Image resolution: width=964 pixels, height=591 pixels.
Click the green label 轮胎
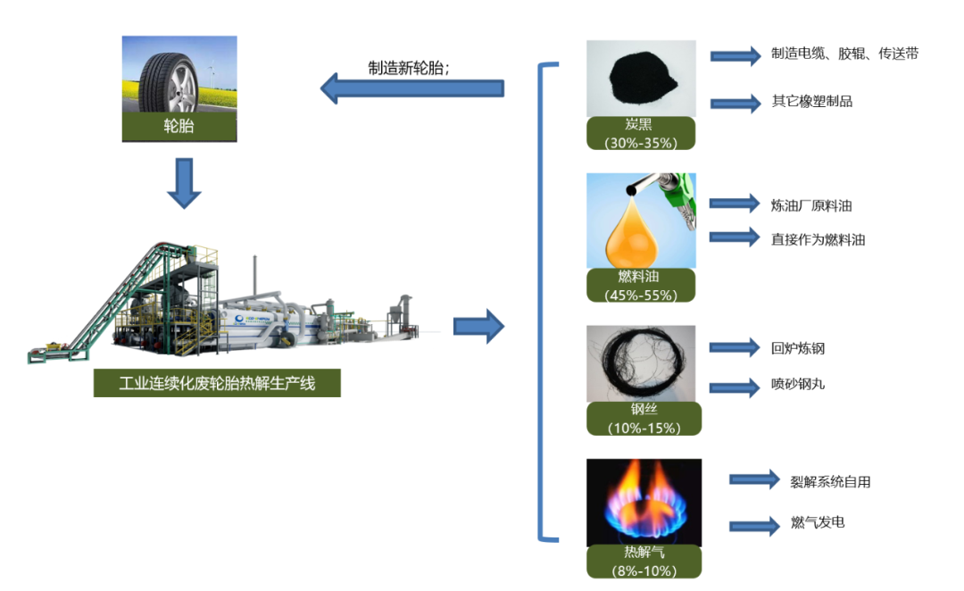click(179, 127)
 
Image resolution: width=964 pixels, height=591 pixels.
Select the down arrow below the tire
click(185, 183)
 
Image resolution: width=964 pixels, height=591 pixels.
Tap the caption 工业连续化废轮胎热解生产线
click(217, 385)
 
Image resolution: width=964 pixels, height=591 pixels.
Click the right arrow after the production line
click(478, 327)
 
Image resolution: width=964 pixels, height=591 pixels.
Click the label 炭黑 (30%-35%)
click(641, 133)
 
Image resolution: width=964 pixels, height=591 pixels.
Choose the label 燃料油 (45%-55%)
click(641, 285)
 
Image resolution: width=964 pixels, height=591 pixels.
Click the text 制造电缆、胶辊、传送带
click(844, 54)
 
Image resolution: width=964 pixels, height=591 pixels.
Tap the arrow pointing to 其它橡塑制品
click(735, 103)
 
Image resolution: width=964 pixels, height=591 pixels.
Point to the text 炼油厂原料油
click(811, 206)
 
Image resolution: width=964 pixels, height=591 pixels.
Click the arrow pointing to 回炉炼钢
click(734, 348)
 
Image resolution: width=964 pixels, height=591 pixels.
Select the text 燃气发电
click(818, 522)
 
